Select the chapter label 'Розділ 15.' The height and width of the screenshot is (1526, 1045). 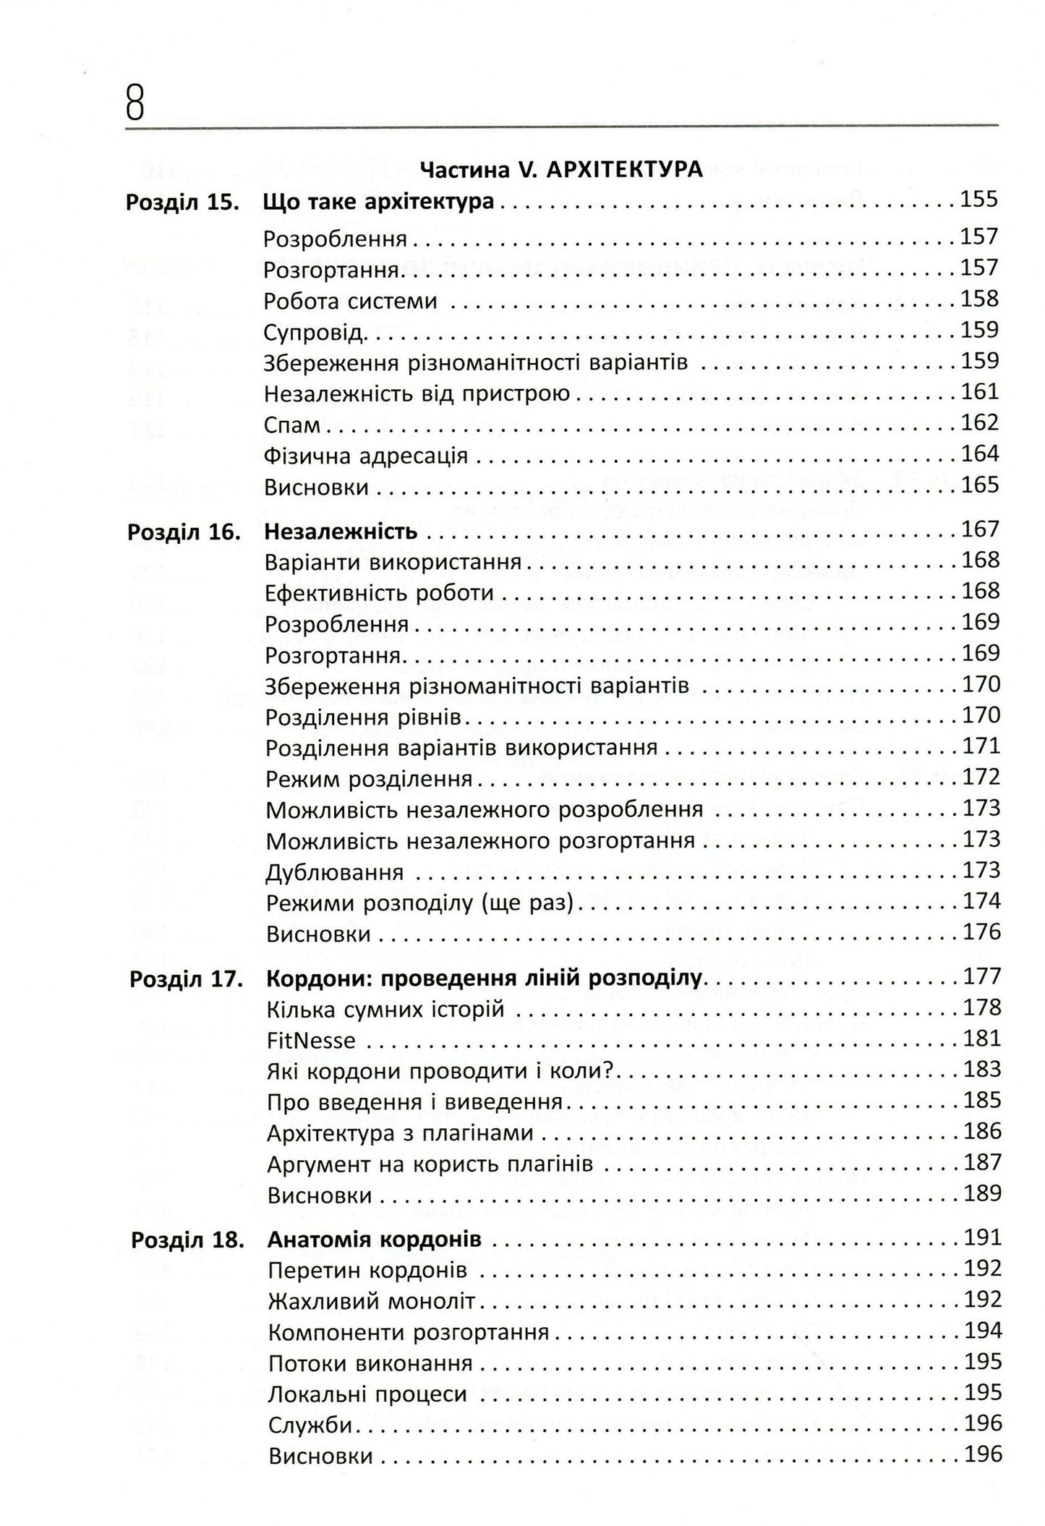(183, 202)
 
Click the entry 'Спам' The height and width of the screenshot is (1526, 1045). (292, 425)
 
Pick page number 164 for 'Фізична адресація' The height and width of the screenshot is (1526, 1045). (979, 454)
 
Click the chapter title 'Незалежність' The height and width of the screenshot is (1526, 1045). (341, 532)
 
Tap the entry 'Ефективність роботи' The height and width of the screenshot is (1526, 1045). (380, 593)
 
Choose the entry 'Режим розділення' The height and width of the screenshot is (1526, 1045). (370, 780)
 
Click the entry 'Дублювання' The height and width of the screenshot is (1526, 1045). (334, 873)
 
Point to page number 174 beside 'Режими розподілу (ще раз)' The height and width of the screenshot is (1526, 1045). (981, 901)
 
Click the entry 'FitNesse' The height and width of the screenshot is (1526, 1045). (312, 1041)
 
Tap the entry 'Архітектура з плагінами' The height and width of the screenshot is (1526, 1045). (401, 1133)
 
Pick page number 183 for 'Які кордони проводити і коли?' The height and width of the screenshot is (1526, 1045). (982, 1070)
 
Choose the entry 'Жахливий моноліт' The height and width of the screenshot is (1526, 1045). (372, 1303)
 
